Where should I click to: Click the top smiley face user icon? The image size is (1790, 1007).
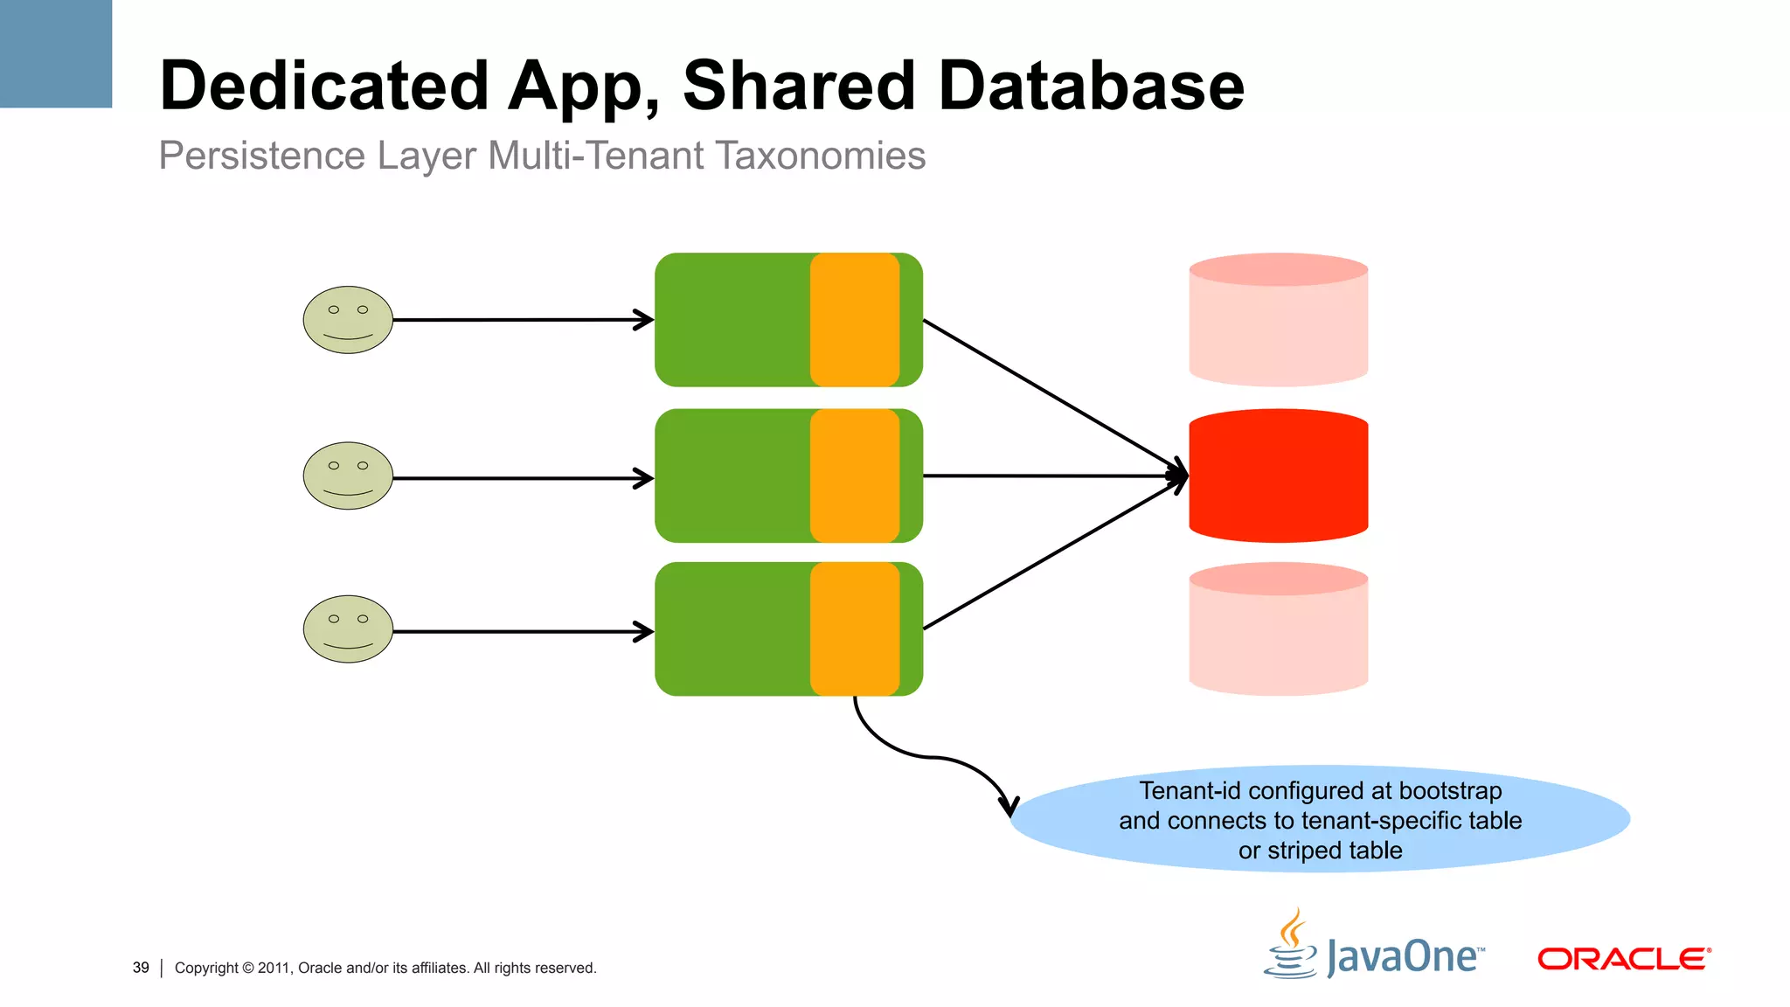348,320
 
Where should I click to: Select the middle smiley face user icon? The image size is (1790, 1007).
348,476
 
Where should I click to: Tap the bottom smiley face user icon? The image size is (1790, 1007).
348,629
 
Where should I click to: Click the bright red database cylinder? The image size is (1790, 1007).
1278,476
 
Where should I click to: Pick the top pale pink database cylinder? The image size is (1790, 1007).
1278,321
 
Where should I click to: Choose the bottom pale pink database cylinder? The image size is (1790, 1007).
1278,629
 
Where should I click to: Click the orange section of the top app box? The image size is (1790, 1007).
855,320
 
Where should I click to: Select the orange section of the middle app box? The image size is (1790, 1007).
855,476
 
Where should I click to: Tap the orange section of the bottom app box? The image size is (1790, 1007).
855,629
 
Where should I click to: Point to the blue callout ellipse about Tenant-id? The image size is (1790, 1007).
1320,820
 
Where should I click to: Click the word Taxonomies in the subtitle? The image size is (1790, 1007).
820,156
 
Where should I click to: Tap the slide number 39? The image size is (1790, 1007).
141,968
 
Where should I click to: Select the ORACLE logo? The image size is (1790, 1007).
1623,959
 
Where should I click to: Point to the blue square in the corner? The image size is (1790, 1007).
56,53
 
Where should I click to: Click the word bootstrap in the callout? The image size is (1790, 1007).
1450,790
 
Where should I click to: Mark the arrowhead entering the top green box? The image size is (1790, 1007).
645,320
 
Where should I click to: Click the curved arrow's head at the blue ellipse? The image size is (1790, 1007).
1009,806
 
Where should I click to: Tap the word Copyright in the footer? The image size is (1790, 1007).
206,968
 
